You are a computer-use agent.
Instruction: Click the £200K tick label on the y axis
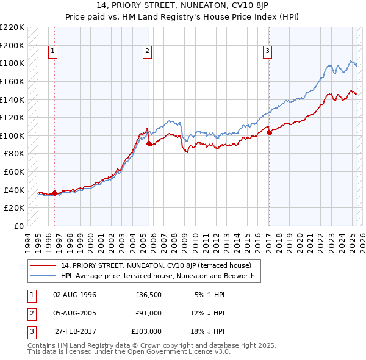13,45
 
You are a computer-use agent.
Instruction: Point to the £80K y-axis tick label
15,154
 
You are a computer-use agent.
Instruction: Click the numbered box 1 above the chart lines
54,51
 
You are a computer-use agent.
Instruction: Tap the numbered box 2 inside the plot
148,51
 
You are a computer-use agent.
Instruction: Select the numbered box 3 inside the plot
268,51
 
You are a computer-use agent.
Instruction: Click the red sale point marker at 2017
269,132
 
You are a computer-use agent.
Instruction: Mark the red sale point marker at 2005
149,143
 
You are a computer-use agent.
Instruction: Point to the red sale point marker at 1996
54,193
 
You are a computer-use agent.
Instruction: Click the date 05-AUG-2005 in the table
75,313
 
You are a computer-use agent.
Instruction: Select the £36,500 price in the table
148,295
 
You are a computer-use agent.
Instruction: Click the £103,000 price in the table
147,331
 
